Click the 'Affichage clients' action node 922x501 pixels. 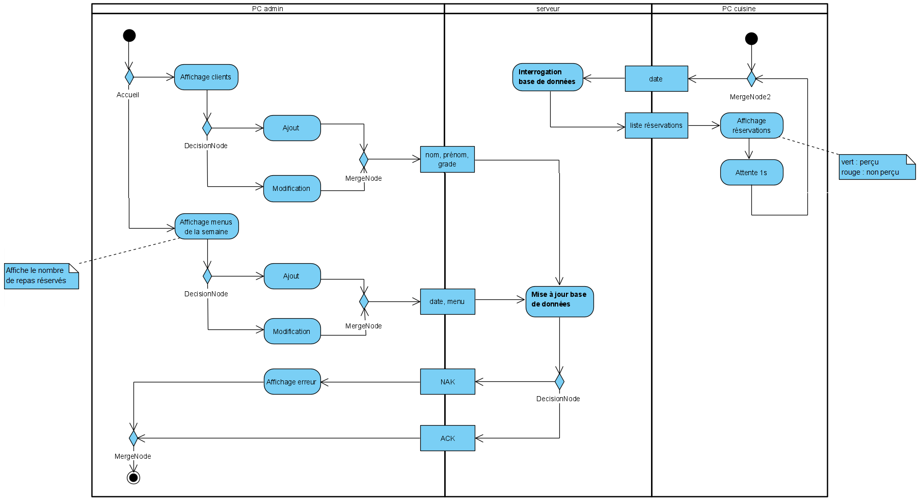click(206, 77)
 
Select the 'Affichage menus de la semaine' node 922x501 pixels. click(206, 227)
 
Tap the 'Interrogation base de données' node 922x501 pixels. click(548, 77)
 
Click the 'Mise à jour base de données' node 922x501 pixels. click(559, 301)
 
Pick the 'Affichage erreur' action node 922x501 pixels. click(292, 382)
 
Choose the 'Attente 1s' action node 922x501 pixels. click(751, 173)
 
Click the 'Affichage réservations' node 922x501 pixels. click(751, 126)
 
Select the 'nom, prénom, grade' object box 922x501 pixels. click(447, 159)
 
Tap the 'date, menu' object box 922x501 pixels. click(447, 301)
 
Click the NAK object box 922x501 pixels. click(447, 382)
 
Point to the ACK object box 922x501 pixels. click(447, 438)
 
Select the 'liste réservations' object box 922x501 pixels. click(656, 125)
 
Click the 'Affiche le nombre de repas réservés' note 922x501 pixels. click(41, 276)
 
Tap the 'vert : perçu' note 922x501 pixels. click(877, 167)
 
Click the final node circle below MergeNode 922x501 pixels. click(133, 478)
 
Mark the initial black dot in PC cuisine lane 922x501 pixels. click(751, 39)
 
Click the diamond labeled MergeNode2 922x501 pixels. click(751, 79)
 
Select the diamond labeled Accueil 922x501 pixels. click(129, 77)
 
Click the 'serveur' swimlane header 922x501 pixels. click(548, 9)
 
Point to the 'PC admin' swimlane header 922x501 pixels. click(267, 9)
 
